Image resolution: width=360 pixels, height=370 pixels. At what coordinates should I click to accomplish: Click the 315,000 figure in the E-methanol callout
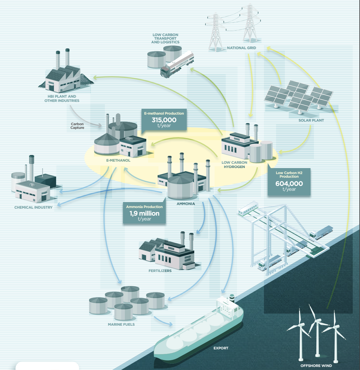click(x=164, y=120)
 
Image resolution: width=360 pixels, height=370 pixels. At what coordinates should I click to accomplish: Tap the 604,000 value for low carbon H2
click(x=289, y=183)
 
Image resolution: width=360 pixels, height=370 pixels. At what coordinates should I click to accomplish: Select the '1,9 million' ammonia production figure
click(x=144, y=213)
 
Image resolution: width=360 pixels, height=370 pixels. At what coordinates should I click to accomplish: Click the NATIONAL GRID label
click(x=242, y=48)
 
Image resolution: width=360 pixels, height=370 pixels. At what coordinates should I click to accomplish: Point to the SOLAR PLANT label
click(x=311, y=120)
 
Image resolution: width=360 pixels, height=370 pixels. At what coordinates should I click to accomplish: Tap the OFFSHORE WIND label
click(x=316, y=365)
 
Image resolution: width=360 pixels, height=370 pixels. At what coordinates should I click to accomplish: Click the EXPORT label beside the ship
click(x=221, y=348)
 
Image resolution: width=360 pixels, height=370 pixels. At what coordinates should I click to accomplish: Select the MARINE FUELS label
click(x=121, y=325)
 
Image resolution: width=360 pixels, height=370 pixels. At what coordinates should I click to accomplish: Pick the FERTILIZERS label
click(x=160, y=271)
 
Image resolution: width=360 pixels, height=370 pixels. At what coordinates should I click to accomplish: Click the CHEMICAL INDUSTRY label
click(x=33, y=207)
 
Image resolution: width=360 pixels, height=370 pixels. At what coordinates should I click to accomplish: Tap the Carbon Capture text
click(x=77, y=126)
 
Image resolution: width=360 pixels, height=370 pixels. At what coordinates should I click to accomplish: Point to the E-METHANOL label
click(x=118, y=160)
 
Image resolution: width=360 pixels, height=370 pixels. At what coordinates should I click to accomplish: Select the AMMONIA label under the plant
click(x=186, y=204)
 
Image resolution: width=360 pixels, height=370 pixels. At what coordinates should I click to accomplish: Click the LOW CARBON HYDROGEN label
click(x=234, y=165)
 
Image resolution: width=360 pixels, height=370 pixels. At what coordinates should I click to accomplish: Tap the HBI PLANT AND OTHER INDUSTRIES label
click(x=62, y=99)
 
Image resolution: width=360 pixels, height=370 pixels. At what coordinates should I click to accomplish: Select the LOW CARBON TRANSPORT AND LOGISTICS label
click(x=165, y=39)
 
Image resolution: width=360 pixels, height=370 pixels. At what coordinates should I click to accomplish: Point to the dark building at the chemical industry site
click(x=45, y=180)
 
